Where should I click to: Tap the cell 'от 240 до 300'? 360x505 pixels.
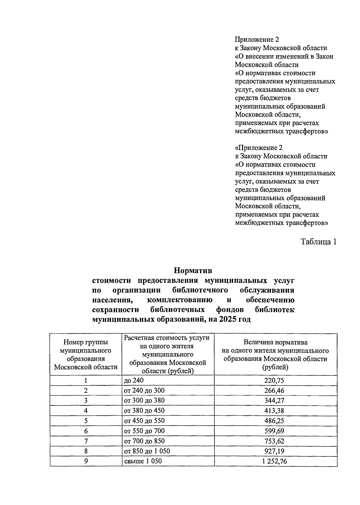(144, 390)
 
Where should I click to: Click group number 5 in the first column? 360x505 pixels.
(86, 421)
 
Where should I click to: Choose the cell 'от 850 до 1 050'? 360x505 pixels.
(147, 451)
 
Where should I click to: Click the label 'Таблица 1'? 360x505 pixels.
(318, 242)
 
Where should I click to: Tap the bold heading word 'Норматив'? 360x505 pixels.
(193, 270)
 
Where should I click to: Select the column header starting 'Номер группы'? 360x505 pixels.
(86, 355)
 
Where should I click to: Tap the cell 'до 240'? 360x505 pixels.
(134, 381)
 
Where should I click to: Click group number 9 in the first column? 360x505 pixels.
(86, 461)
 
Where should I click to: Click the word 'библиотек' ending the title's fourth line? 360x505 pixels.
(274, 309)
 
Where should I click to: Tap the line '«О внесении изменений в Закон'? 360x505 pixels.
(284, 56)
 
